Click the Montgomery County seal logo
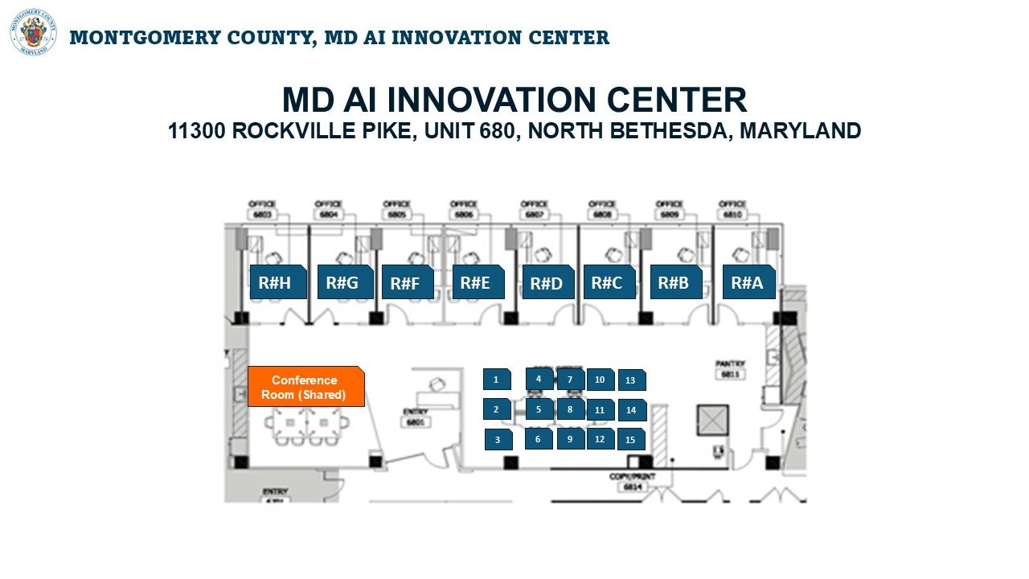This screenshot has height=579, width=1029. pyautogui.click(x=34, y=32)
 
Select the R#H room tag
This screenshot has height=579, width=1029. pyautogui.click(x=278, y=282)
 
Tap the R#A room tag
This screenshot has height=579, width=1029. pyautogui.click(x=748, y=282)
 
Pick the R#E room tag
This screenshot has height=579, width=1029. pyautogui.click(x=478, y=282)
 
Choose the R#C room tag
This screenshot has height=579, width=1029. pyautogui.click(x=609, y=282)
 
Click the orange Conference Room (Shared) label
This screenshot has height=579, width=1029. pyautogui.click(x=305, y=387)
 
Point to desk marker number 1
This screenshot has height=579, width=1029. pyautogui.click(x=497, y=380)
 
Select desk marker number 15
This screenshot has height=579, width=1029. pyautogui.click(x=631, y=440)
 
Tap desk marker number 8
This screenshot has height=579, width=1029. pyautogui.click(x=570, y=409)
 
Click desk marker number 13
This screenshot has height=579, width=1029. pyautogui.click(x=631, y=380)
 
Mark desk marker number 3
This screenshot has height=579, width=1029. pyautogui.click(x=498, y=440)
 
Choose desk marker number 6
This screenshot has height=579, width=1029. pyautogui.click(x=539, y=438)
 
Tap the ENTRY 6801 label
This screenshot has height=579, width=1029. pyautogui.click(x=416, y=417)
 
